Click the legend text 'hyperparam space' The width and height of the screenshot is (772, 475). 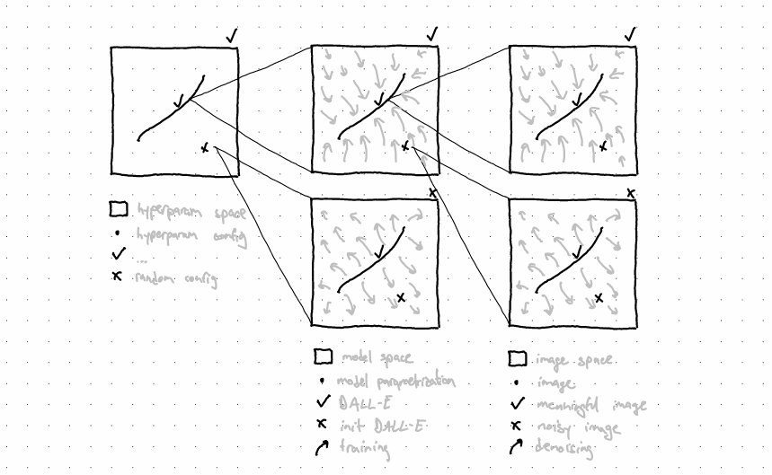[x=191, y=212]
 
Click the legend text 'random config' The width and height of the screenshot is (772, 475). [x=176, y=278]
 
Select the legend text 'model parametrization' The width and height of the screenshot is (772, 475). [x=395, y=381]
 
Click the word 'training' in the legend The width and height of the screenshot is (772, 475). [x=365, y=448]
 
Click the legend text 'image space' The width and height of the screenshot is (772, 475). [x=574, y=360]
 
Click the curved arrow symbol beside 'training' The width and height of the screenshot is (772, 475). [x=321, y=447]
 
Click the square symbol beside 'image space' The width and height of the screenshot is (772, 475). [x=518, y=359]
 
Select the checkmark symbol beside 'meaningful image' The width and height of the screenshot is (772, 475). [x=518, y=404]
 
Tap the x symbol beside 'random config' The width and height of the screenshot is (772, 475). [x=117, y=277]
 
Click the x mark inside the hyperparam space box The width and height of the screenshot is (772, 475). [x=205, y=147]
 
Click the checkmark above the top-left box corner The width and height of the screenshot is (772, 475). [x=233, y=37]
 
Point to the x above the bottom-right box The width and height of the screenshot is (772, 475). [x=630, y=193]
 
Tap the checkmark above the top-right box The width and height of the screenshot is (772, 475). [x=629, y=34]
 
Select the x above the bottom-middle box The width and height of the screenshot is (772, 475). [x=432, y=192]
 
